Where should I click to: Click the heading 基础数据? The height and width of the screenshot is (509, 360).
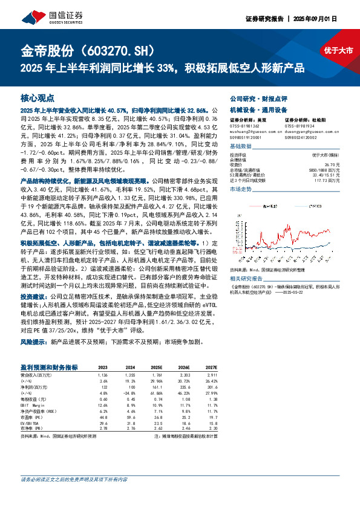[x=242, y=147]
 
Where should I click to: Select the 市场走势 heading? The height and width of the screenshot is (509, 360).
[x=242, y=189]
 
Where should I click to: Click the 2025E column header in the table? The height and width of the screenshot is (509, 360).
[x=157, y=367]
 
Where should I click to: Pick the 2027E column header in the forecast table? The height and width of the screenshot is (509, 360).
[x=210, y=367]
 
